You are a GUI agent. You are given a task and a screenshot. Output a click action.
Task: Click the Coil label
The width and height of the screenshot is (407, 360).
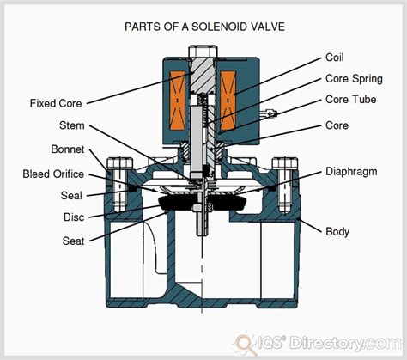pos(335,58)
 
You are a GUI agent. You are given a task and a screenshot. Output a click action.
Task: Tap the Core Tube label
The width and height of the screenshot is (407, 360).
pos(348,101)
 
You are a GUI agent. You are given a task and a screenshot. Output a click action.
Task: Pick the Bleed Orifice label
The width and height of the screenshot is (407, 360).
pos(52,174)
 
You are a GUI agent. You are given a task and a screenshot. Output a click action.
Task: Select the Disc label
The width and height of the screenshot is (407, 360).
pos(72,216)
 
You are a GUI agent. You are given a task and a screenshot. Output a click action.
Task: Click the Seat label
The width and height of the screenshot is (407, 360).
pos(72,241)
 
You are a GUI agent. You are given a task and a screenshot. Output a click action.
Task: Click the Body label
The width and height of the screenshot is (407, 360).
pos(336,231)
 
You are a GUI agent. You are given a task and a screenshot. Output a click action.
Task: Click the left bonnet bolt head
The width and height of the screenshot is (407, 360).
pos(118,161)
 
